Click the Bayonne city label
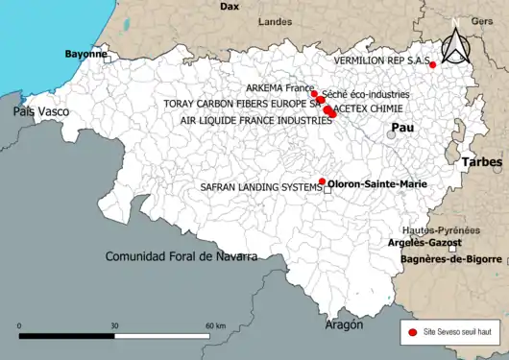85,55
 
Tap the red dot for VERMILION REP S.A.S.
433,64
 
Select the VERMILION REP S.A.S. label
381,60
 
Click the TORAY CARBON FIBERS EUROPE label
257,102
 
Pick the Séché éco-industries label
366,95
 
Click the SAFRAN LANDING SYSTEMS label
259,187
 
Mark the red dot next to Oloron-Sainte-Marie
321,180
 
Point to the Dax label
230,6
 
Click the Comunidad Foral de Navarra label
181,256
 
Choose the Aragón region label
344,325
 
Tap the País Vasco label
40,112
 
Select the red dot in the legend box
412,331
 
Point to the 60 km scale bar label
214,326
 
